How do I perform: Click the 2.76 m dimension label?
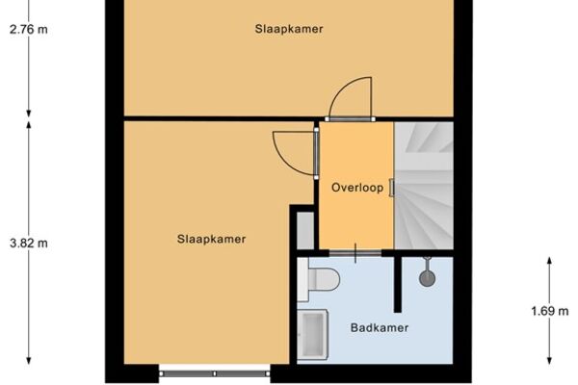click(29, 29)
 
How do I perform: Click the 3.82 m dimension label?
click(29, 244)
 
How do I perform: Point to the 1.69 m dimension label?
click(550, 311)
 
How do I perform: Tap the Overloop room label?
click(357, 188)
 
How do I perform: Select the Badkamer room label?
click(380, 327)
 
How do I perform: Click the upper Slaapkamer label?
click(289, 29)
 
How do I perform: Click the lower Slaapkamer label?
click(211, 239)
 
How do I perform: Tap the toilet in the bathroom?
click(319, 279)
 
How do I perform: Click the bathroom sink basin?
click(313, 335)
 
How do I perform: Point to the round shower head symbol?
click(427, 278)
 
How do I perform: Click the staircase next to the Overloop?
click(424, 186)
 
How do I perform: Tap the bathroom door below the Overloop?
click(355, 253)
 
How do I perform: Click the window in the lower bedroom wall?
click(215, 373)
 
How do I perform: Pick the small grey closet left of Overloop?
click(305, 230)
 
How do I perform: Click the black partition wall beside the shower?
click(397, 284)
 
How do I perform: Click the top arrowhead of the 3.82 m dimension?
click(29, 124)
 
